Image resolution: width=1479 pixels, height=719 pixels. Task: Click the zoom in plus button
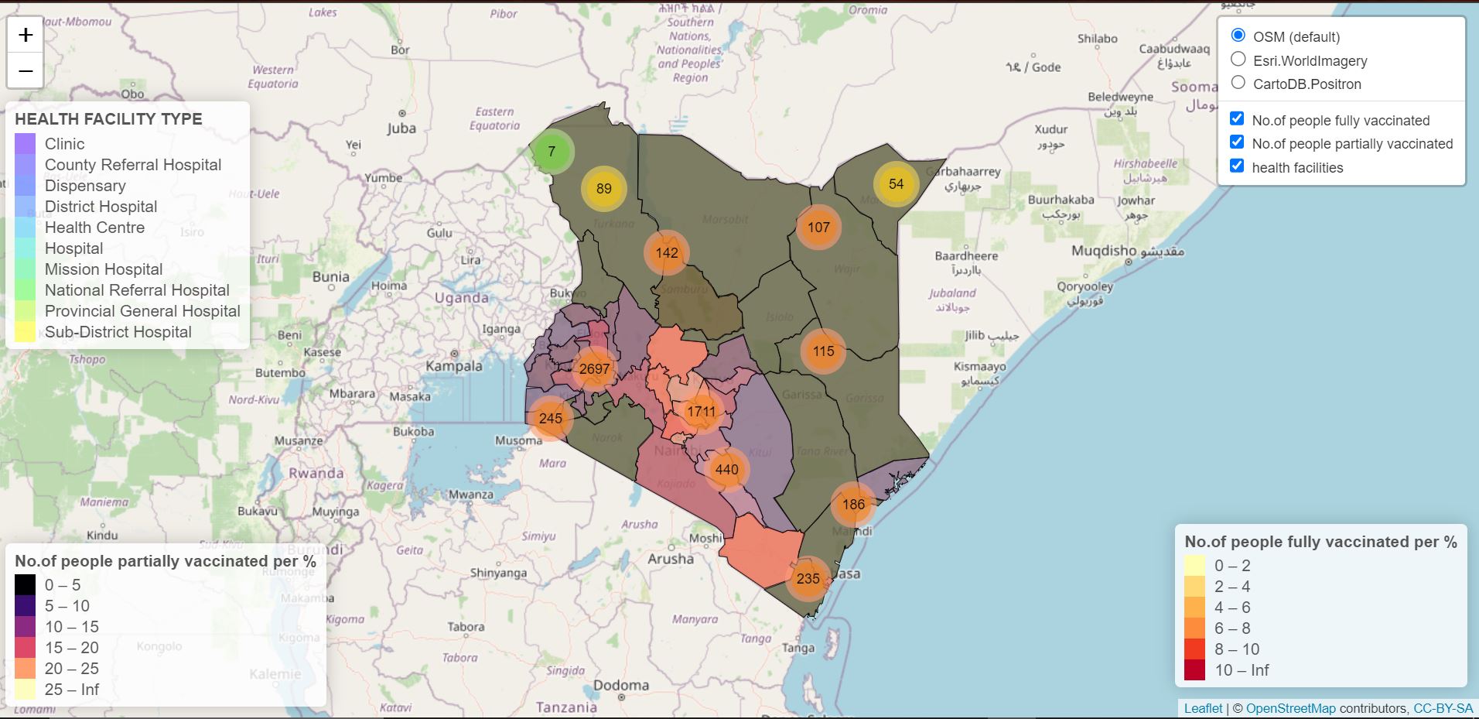26,35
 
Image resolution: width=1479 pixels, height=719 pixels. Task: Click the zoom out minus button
26,71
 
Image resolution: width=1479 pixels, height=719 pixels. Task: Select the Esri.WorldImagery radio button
1238,60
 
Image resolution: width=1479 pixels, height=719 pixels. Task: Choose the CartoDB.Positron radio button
1238,83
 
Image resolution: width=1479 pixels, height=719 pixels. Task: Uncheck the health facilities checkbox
1237,166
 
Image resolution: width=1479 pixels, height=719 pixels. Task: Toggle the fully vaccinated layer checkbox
1237,118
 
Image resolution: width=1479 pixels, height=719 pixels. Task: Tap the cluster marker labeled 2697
594,368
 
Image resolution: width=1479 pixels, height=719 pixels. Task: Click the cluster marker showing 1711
701,411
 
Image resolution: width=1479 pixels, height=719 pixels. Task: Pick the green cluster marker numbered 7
552,151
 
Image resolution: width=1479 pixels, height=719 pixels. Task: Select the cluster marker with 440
726,469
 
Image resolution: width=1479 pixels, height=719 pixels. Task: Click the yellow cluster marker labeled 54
896,183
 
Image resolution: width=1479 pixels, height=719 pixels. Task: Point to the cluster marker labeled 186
853,505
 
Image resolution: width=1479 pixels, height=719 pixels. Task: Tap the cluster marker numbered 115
823,351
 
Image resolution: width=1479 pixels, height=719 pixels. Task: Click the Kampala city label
453,366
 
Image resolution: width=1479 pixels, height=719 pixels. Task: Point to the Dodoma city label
620,686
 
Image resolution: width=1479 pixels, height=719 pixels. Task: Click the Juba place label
401,128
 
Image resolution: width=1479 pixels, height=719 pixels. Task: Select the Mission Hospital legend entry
104,269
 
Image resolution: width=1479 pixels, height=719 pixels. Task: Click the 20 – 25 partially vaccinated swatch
26,669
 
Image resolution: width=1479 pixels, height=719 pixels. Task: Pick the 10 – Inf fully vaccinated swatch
1194,670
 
